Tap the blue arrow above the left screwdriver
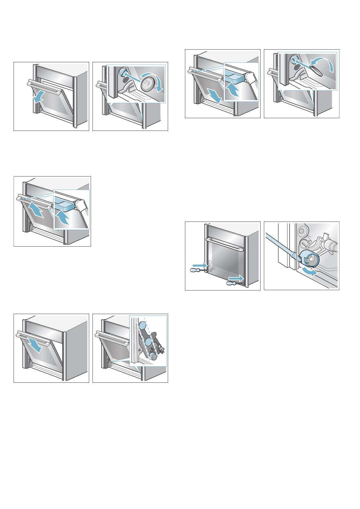199,265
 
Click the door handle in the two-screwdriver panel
225,244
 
